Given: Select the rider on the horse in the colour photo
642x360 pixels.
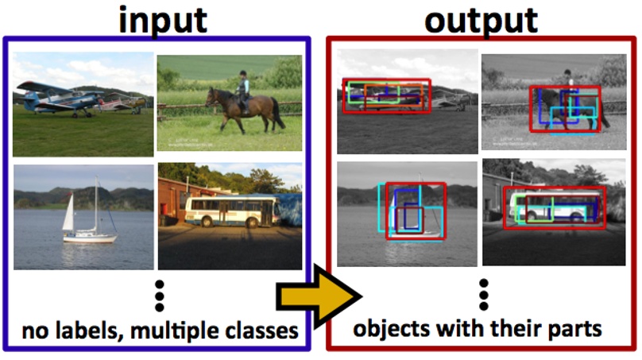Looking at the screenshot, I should click(243, 86).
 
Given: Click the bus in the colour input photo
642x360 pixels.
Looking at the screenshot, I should click(231, 211).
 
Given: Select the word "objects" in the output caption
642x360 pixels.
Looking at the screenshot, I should click(389, 329).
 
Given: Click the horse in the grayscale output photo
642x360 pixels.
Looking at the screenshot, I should click(568, 107).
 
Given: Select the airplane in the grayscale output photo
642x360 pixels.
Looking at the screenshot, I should click(386, 95).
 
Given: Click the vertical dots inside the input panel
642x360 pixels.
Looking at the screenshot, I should click(159, 296).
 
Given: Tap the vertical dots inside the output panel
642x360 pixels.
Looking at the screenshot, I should click(483, 296).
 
